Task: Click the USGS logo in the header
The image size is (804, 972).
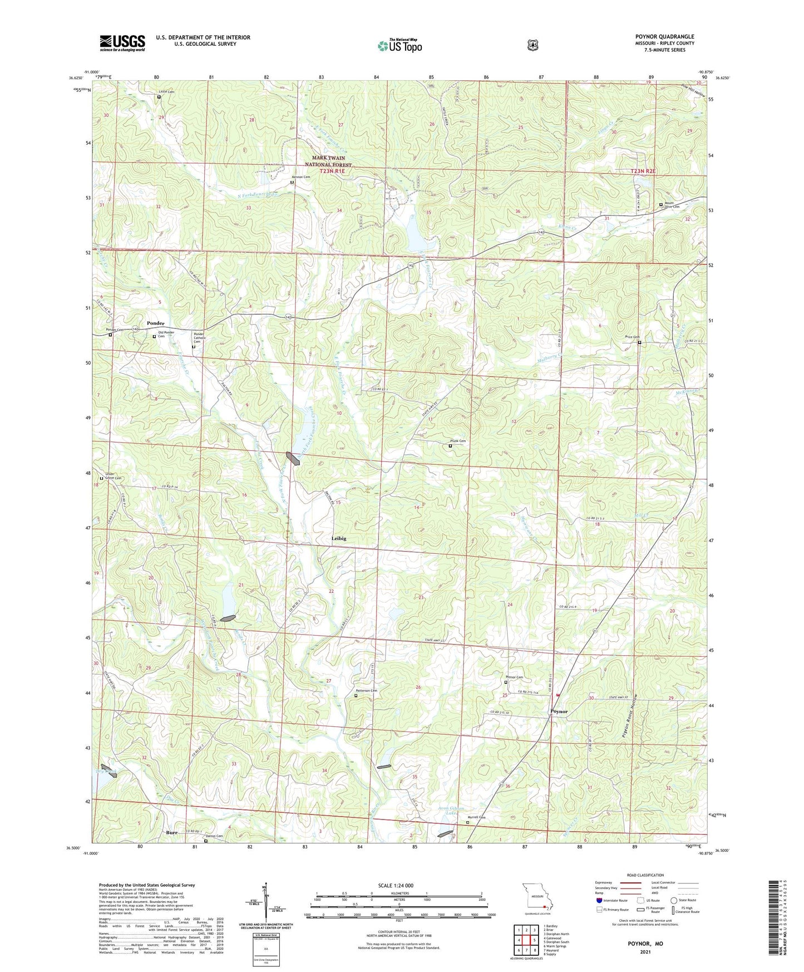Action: pyautogui.click(x=122, y=43)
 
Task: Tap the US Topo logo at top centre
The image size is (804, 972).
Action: pyautogui.click(x=399, y=46)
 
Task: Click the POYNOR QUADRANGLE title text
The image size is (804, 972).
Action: pyautogui.click(x=664, y=37)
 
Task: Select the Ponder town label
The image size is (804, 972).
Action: pyautogui.click(x=156, y=323)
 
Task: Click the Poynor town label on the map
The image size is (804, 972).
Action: pyautogui.click(x=559, y=711)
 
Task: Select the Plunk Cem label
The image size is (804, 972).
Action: pyautogui.click(x=458, y=441)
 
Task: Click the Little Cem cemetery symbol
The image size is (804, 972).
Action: pyautogui.click(x=159, y=97)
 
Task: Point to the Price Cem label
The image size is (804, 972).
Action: pyautogui.click(x=632, y=337)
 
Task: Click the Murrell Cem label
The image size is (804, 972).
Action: pyautogui.click(x=475, y=817)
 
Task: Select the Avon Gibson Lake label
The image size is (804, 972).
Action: pyautogui.click(x=452, y=811)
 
